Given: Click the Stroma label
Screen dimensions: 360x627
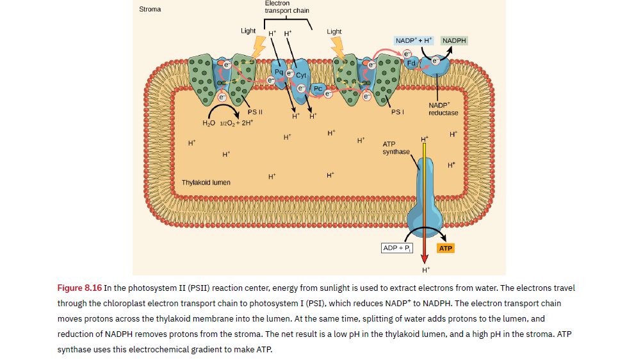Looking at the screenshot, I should click(x=150, y=10).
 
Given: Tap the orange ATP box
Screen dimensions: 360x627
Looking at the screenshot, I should click(x=446, y=248).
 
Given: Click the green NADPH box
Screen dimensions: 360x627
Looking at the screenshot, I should click(x=454, y=40).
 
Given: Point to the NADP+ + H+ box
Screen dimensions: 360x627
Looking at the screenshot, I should click(x=414, y=40).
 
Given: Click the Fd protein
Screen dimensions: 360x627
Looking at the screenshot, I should click(x=412, y=63).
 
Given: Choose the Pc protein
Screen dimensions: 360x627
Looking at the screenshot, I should click(x=318, y=88).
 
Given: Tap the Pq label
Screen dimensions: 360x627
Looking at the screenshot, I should click(x=278, y=70).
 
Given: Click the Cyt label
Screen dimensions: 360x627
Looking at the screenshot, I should click(x=301, y=75).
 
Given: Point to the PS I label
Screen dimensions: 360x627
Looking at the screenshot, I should click(x=396, y=112).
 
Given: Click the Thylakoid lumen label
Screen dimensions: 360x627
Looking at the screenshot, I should click(x=206, y=183).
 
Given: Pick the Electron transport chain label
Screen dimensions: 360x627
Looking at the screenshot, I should click(x=286, y=7).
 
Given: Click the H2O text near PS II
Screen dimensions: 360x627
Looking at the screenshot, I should click(x=208, y=122).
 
